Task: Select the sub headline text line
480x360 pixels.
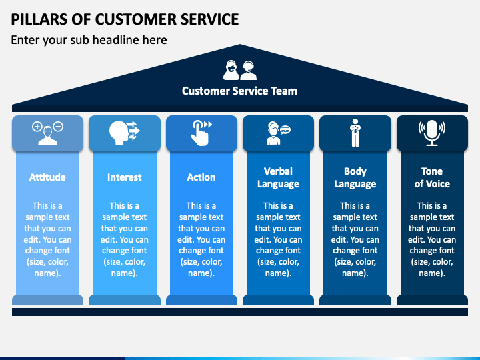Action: click(89, 40)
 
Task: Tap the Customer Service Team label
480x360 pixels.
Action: click(239, 91)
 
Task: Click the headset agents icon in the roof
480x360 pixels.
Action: click(240, 70)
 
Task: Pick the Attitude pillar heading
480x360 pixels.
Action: click(47, 177)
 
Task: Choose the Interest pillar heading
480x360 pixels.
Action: click(124, 177)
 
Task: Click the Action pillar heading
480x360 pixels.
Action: click(201, 177)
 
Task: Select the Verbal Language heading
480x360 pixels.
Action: click(278, 177)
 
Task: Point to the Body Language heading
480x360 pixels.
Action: click(355, 177)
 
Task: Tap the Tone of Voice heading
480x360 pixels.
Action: click(432, 177)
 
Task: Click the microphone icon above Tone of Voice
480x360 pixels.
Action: click(432, 133)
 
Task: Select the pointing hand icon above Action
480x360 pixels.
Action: click(201, 133)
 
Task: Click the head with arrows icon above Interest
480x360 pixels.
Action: click(124, 133)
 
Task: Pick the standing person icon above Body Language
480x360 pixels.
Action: click(355, 133)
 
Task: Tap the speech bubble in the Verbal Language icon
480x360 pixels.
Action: click(285, 130)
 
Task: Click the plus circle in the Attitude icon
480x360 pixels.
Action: click(37, 127)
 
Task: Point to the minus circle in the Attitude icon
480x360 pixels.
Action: click(58, 127)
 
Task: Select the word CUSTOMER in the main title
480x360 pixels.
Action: click(135, 19)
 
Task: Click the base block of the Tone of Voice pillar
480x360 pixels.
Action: click(432, 300)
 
